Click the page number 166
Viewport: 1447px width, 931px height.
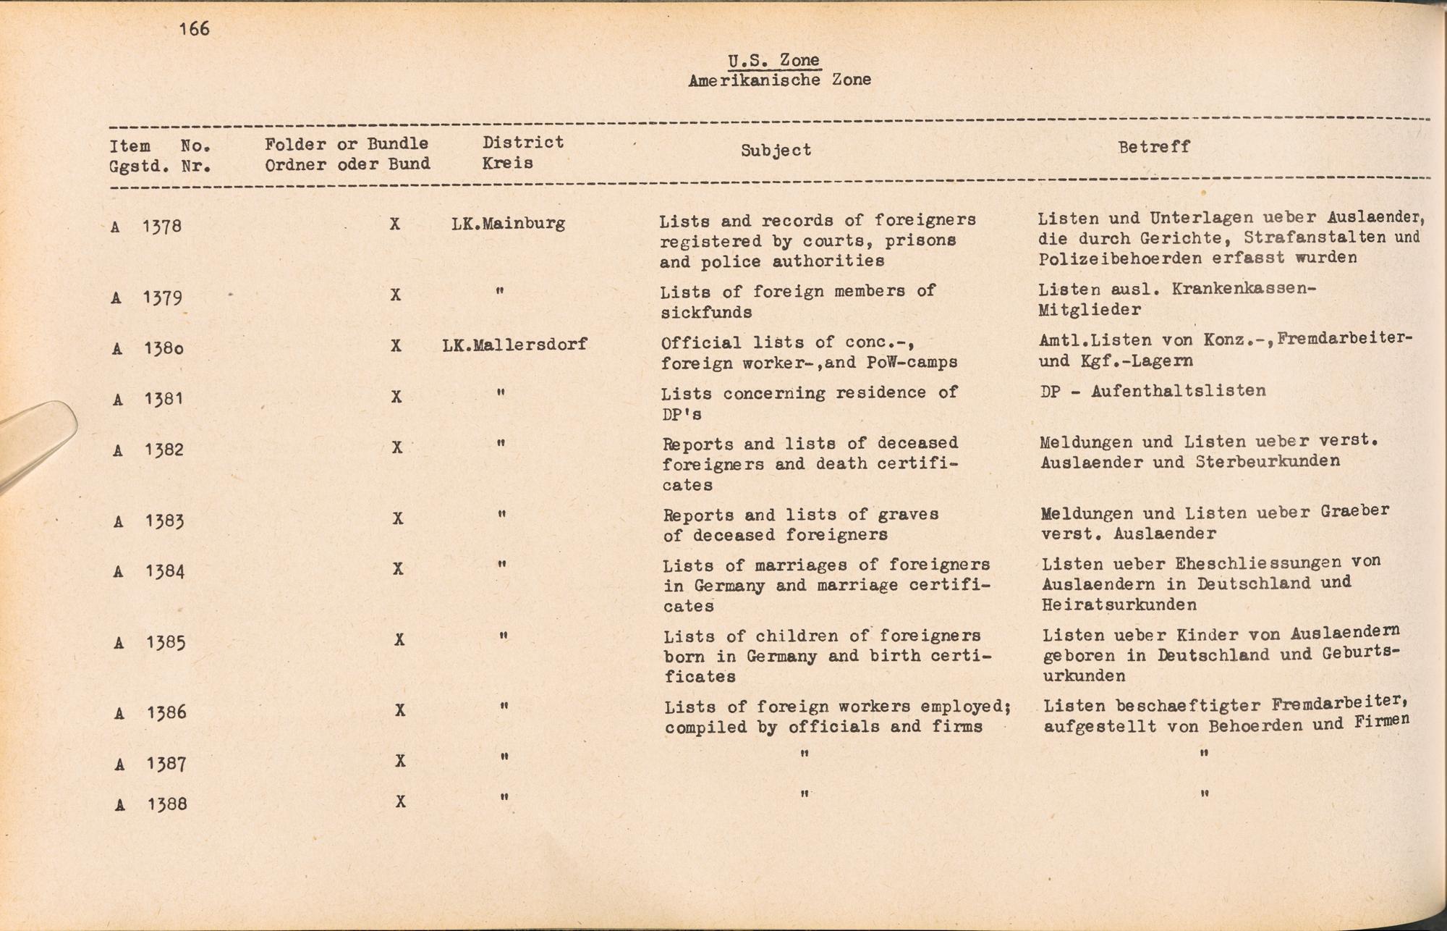pos(195,29)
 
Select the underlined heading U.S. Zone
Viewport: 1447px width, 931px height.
pos(774,60)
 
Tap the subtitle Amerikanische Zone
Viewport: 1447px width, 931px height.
pos(779,80)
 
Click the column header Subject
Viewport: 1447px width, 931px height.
pos(776,151)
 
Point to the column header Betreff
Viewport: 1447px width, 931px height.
pos(1153,147)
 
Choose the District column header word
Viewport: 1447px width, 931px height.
pos(523,143)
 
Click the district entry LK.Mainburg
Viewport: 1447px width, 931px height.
pos(508,223)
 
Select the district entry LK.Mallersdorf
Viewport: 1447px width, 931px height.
pos(514,345)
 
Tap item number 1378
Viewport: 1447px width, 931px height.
pos(161,227)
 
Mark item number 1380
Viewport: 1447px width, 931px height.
pos(163,348)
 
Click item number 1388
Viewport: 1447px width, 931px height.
pos(167,804)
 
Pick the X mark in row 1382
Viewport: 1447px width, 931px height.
pos(397,447)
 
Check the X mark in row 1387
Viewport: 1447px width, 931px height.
pos(400,760)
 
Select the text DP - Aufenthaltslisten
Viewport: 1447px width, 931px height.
pos(1153,391)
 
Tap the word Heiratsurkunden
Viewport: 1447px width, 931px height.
pos(1119,604)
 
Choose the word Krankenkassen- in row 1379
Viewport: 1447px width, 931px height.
pos(1243,289)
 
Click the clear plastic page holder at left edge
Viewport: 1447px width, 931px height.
pos(36,442)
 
